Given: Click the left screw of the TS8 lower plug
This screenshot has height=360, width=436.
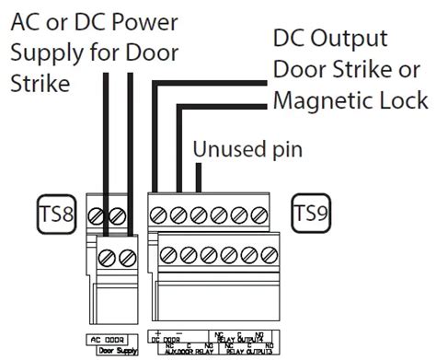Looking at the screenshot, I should point(111,253).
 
